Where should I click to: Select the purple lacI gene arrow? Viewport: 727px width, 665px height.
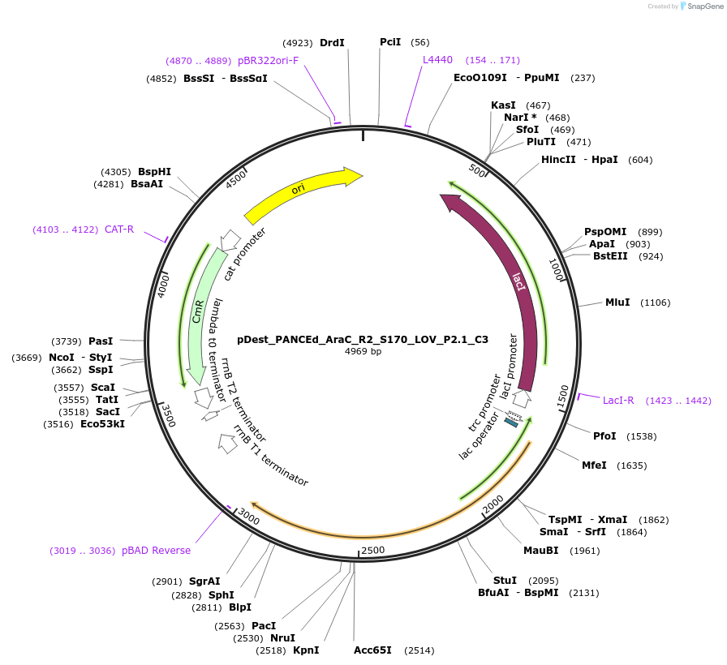(x=520, y=284)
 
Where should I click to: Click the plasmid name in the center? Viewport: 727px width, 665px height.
(x=363, y=340)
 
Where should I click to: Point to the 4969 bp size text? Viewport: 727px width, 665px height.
(x=363, y=352)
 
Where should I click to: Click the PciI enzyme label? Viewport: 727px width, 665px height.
(x=390, y=42)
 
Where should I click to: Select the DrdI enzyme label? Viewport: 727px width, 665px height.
(x=332, y=42)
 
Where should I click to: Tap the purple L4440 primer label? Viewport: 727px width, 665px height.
(x=437, y=60)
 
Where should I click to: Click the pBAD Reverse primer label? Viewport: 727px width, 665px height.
(x=156, y=551)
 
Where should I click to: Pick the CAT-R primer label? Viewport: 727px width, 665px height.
(x=119, y=230)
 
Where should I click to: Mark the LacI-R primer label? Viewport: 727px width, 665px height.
(x=618, y=400)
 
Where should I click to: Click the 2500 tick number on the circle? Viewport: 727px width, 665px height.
(x=373, y=551)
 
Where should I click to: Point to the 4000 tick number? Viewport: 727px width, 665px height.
(x=163, y=285)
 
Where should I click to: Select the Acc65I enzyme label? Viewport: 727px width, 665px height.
(x=372, y=650)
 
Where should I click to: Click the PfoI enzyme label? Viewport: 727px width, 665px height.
(x=604, y=436)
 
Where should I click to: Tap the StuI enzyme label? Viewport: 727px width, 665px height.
(x=505, y=581)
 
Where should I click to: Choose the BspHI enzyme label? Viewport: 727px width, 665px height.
(x=154, y=172)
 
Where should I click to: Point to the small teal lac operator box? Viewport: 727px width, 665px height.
(x=511, y=422)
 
